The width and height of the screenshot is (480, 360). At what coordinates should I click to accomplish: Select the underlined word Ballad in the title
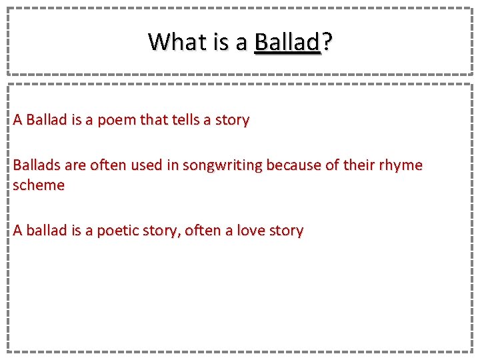click(287, 42)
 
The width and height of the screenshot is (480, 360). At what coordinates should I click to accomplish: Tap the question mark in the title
click(327, 42)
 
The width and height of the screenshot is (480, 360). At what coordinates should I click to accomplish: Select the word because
click(293, 165)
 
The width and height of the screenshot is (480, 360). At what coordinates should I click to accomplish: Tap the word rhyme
click(402, 165)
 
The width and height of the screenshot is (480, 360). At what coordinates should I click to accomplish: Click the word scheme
click(39, 185)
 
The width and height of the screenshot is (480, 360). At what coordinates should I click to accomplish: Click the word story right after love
click(285, 231)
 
